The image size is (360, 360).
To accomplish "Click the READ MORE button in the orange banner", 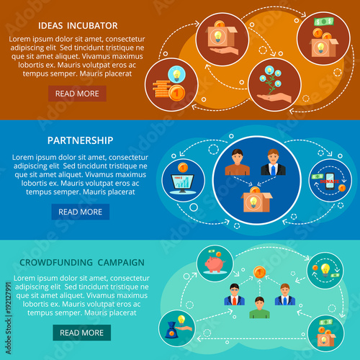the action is point(77,94).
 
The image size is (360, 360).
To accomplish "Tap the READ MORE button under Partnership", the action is point(81,212).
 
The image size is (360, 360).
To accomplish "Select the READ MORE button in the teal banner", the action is point(82,333).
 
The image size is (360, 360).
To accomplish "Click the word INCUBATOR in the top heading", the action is point(92,26).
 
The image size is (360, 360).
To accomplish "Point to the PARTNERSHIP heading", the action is point(80,140).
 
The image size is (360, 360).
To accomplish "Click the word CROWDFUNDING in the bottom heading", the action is point(56,262).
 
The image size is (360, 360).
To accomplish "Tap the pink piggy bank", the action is point(215,264).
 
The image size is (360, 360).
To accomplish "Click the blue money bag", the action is point(171,330).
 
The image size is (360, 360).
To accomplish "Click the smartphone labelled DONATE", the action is point(330,181).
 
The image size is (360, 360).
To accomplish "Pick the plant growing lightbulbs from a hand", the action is point(273,85).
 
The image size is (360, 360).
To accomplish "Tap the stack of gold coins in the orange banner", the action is point(161,89).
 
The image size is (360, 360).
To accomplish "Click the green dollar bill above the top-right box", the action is point(324,22).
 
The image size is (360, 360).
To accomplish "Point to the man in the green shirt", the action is point(259,307).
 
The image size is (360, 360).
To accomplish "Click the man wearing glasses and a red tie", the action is point(235,294).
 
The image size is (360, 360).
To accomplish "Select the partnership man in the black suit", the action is point(273,162).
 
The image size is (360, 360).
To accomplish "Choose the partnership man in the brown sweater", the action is point(238,162).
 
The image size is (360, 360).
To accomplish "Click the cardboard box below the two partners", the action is point(256,201).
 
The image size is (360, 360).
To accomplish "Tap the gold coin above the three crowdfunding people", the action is point(259,272).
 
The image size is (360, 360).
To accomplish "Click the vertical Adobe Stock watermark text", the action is point(9,318).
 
